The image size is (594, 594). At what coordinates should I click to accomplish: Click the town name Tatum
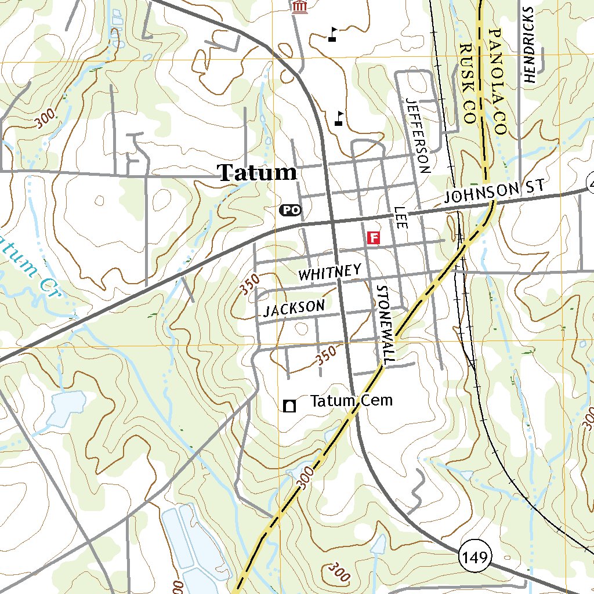(257, 172)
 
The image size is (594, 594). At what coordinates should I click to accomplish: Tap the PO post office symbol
(291, 210)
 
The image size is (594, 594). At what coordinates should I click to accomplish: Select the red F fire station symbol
(374, 237)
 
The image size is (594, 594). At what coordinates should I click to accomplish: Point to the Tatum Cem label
(352, 401)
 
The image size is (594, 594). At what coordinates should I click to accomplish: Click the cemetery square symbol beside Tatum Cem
(289, 405)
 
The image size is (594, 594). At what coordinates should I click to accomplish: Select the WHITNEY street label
(330, 273)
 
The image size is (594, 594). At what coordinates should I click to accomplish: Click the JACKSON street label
(294, 308)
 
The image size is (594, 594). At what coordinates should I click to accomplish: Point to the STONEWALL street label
(385, 325)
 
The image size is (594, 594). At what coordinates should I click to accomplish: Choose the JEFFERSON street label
(419, 136)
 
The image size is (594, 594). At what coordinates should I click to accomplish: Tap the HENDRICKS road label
(528, 46)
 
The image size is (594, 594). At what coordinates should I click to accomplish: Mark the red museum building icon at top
(299, 6)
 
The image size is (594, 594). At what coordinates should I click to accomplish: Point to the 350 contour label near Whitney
(249, 285)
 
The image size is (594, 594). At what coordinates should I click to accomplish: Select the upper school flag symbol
(333, 34)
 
